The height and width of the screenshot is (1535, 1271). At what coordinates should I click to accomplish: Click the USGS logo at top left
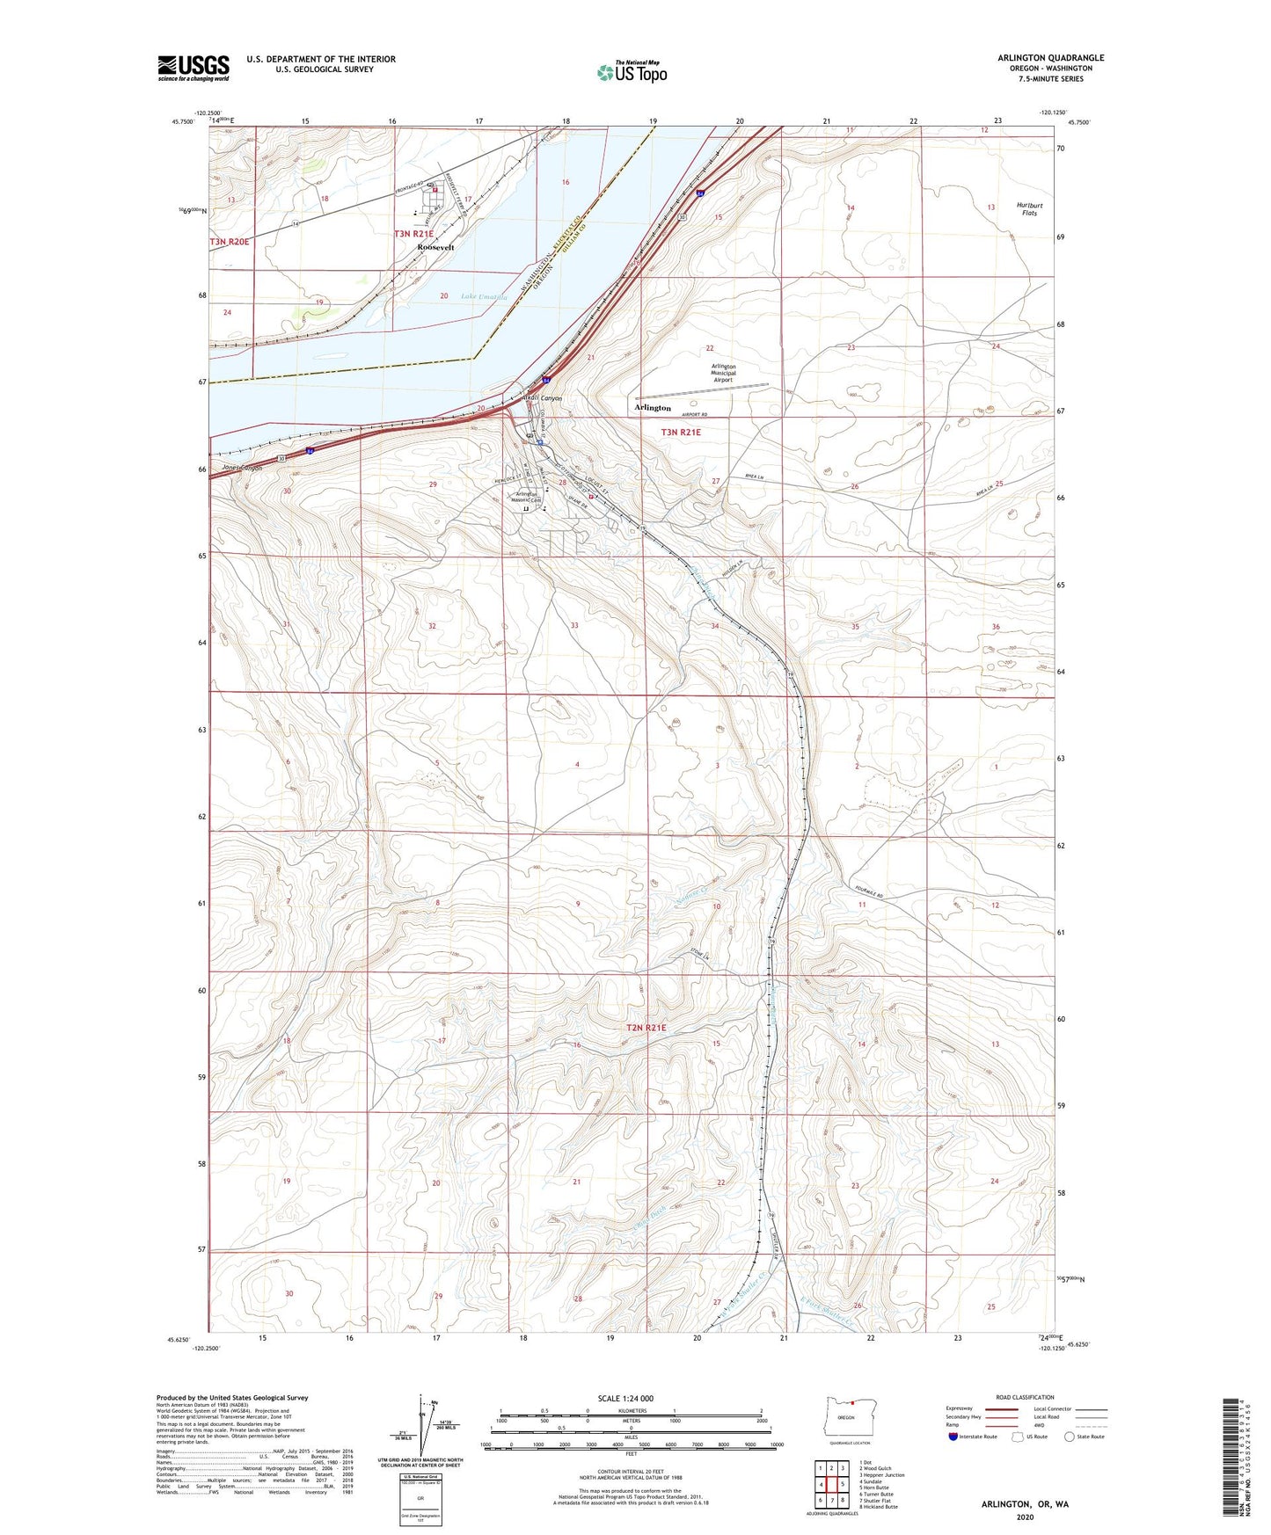pyautogui.click(x=194, y=68)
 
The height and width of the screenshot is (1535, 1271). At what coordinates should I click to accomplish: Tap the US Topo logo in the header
pyautogui.click(x=632, y=72)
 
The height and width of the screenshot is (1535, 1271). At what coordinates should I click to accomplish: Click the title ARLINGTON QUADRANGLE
pyautogui.click(x=1050, y=58)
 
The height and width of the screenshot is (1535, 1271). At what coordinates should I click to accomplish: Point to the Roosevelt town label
pyautogui.click(x=435, y=248)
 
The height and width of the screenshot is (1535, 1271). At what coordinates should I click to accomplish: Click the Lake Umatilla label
pyautogui.click(x=484, y=297)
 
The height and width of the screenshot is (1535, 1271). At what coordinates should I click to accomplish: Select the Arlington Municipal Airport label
pyautogui.click(x=724, y=373)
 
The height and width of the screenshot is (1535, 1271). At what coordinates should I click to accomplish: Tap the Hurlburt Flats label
pyautogui.click(x=1029, y=209)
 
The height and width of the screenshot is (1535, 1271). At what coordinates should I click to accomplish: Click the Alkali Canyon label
pyautogui.click(x=542, y=398)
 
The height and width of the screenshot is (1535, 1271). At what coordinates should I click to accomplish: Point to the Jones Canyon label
pyautogui.click(x=242, y=468)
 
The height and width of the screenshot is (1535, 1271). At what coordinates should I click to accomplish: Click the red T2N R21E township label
pyautogui.click(x=646, y=1028)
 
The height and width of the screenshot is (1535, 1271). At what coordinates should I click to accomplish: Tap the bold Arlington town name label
pyautogui.click(x=653, y=408)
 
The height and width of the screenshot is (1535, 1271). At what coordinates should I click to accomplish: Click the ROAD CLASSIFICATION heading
pyautogui.click(x=1025, y=1397)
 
